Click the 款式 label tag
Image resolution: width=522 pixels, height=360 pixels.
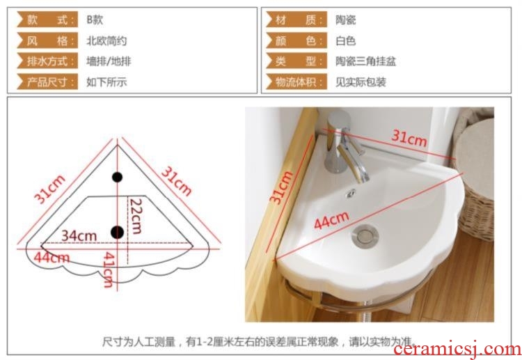(47, 19)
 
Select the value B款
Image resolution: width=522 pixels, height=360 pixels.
(95, 19)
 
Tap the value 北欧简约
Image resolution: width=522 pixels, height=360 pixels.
(106, 41)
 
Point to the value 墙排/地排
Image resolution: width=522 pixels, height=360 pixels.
(109, 61)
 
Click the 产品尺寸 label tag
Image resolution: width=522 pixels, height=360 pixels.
(47, 81)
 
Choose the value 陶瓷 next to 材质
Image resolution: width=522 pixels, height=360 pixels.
(345, 20)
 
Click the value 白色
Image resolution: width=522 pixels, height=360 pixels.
(345, 41)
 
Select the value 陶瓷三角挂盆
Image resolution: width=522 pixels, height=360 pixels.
(365, 61)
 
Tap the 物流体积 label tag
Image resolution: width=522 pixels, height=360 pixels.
(296, 81)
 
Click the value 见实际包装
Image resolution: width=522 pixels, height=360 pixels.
(361, 82)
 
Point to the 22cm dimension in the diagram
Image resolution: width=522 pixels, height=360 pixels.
(136, 216)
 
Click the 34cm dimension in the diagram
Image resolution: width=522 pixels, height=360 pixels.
(79, 235)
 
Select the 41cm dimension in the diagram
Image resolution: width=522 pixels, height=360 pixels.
(109, 269)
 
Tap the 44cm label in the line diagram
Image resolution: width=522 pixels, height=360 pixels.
(52, 257)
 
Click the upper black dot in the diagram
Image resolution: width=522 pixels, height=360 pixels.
(117, 177)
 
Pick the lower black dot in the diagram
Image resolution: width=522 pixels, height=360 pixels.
(117, 232)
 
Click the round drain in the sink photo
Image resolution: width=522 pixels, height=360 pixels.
(365, 236)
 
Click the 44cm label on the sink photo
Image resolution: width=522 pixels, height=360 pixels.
(331, 220)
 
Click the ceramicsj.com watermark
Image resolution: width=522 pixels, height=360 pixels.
(457, 350)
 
